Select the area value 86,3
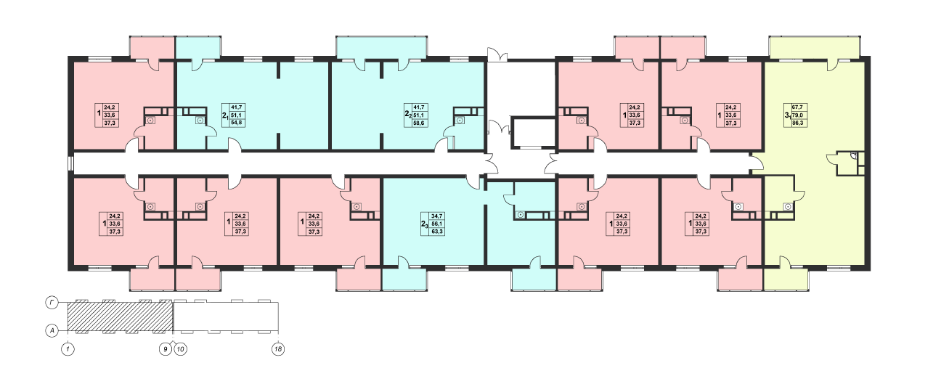[x=797, y=123]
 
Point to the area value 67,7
[x=797, y=107]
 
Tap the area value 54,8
[x=237, y=123]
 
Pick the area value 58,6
[x=419, y=123]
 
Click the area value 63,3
[x=437, y=232]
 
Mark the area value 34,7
[x=437, y=216]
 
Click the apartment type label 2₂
[x=408, y=114]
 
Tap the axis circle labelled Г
[x=52, y=303]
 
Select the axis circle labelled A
[x=52, y=331]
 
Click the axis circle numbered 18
[x=278, y=349]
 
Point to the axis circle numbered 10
[x=181, y=349]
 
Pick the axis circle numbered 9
[x=166, y=349]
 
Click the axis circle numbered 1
[x=68, y=349]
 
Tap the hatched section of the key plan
[x=121, y=317]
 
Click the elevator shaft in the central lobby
[x=533, y=133]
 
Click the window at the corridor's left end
[x=70, y=163]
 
